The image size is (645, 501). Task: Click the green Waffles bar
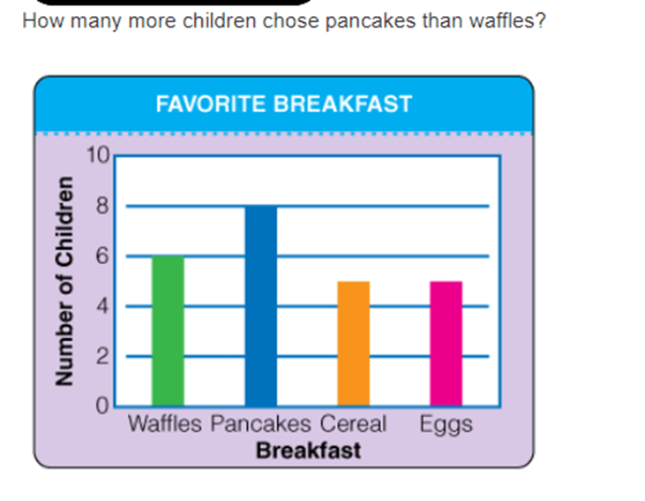tap(168, 330)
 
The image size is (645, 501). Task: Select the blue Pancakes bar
tap(261, 306)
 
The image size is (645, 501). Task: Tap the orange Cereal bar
tap(353, 344)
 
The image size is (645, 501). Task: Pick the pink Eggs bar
tap(446, 344)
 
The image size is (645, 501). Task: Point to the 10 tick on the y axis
tap(98, 156)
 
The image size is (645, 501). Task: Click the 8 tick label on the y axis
tap(102, 205)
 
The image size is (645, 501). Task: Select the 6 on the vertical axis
tap(102, 256)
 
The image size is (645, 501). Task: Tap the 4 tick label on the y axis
tap(102, 306)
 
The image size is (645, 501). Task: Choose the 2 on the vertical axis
tap(102, 356)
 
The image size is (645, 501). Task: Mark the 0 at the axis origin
tap(102, 406)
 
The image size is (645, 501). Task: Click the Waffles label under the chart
tap(164, 423)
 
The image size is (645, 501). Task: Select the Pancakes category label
tap(261, 424)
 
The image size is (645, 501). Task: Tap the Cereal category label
tap(353, 423)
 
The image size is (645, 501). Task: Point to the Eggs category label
tap(446, 425)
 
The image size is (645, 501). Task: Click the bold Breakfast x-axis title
tap(309, 451)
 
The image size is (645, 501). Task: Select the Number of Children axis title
tap(64, 281)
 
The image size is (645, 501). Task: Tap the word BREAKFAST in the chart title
tap(343, 104)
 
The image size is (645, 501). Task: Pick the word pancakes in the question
tap(371, 21)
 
